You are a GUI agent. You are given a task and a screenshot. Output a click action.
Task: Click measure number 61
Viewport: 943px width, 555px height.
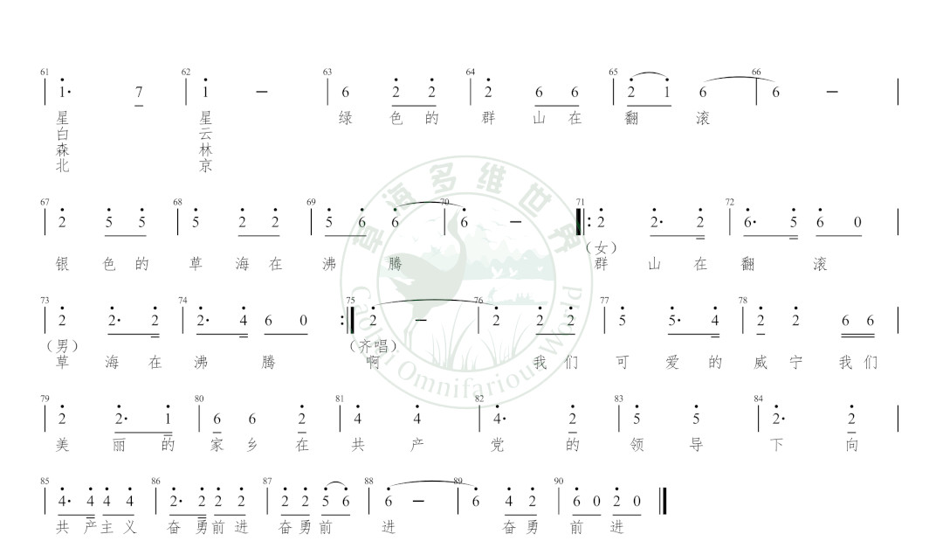click(x=45, y=73)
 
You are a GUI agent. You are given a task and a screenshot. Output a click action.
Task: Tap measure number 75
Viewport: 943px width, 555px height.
click(x=351, y=301)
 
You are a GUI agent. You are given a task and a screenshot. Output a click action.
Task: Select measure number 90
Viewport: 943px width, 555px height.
click(x=559, y=481)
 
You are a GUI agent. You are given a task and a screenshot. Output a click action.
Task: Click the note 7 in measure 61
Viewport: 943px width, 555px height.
click(x=139, y=92)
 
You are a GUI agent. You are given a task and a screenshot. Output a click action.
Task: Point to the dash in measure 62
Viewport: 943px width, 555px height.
click(x=262, y=92)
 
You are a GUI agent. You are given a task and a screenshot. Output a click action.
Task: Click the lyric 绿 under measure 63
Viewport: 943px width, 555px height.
click(x=346, y=117)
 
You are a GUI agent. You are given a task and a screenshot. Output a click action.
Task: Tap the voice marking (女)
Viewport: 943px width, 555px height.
click(x=602, y=248)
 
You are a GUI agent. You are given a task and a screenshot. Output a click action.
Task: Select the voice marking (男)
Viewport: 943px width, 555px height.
click(x=63, y=346)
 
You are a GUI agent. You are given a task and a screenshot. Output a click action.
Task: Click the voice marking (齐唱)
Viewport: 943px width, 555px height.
click(x=374, y=346)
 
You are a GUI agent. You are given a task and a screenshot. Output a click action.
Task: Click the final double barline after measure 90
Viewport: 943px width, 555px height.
click(x=663, y=501)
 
